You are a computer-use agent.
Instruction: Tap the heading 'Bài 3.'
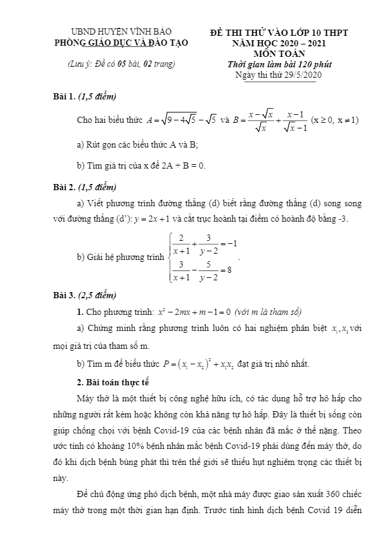pos(64,295)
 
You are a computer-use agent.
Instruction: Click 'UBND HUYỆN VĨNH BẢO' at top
pos(122,31)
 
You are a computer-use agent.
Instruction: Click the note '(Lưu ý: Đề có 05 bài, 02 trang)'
pos(121,64)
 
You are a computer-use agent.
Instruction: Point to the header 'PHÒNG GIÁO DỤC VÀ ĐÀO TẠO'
pos(122,43)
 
